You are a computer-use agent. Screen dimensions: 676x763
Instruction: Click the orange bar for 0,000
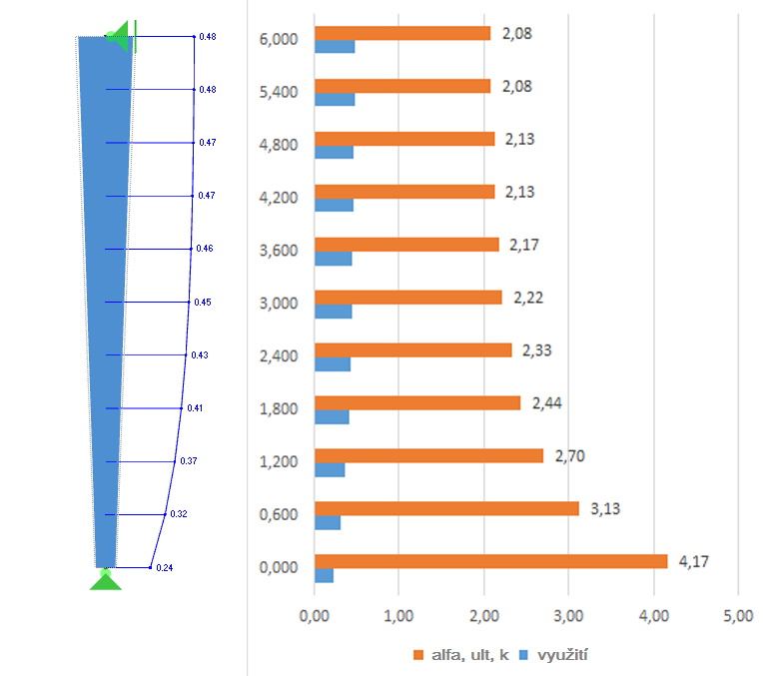489,561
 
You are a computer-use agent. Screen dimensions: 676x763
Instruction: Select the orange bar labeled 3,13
445,508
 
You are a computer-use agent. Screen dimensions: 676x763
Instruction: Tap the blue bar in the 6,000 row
335,46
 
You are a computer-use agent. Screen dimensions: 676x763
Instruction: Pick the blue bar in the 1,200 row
330,469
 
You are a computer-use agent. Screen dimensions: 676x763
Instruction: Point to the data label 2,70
569,455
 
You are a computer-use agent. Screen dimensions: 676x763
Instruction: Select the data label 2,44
546,402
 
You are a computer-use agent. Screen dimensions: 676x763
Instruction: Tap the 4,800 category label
278,145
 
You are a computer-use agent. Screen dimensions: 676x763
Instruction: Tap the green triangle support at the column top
120,37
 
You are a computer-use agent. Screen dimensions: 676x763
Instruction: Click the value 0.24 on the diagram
165,567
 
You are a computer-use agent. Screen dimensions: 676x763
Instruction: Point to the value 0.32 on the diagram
179,514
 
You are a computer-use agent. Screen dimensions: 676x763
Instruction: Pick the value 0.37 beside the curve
189,461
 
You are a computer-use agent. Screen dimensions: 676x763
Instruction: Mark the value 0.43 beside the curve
199,355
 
